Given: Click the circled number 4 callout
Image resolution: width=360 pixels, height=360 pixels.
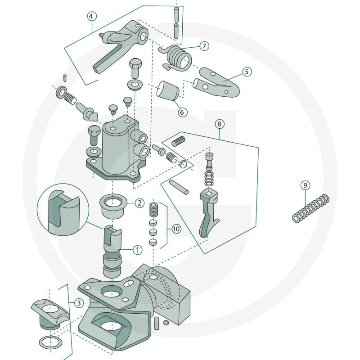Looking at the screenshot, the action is (x=92, y=16).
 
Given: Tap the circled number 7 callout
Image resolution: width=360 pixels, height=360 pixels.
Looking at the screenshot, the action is (x=204, y=46).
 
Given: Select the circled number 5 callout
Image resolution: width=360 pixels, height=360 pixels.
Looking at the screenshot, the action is (x=247, y=72).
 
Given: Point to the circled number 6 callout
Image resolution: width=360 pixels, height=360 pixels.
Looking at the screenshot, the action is (x=182, y=112).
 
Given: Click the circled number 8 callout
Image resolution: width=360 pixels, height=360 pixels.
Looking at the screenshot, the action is (x=220, y=124).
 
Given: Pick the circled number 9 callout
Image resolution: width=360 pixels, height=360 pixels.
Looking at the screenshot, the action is (x=305, y=185).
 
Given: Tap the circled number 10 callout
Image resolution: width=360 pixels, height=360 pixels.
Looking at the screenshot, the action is (x=176, y=229).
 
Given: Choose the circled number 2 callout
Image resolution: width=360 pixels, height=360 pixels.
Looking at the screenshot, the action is (x=139, y=203).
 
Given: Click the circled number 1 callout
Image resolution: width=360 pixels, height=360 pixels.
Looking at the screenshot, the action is (x=137, y=250).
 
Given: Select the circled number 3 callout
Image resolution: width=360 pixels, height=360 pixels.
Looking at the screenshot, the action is (x=79, y=303).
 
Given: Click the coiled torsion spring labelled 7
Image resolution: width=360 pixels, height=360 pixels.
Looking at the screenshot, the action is (x=175, y=58).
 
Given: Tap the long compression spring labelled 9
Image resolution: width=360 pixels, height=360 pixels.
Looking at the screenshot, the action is (x=310, y=208).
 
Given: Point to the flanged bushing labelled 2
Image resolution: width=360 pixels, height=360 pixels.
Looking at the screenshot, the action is (x=113, y=206).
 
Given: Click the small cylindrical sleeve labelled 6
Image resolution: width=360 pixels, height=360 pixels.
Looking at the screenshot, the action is (x=167, y=91).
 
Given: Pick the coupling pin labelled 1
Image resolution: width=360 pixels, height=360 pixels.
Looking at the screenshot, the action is (x=112, y=252).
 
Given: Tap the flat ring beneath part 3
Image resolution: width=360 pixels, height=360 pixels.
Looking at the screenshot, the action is (x=51, y=342).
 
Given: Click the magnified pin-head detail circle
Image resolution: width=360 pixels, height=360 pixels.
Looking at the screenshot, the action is (x=63, y=210).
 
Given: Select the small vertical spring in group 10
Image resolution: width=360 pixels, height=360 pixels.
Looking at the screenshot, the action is (x=153, y=209).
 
